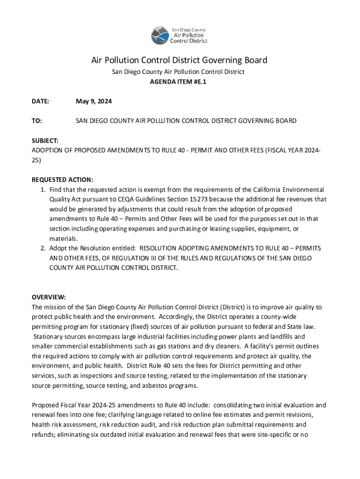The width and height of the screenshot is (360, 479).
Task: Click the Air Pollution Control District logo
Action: click(x=179, y=35)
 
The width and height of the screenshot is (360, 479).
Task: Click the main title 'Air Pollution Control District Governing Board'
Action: click(x=179, y=60)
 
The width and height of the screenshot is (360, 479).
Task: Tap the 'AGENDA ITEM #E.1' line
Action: click(x=178, y=81)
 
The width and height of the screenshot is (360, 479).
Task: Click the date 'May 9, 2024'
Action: click(x=94, y=102)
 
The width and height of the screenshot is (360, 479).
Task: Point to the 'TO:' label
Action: click(x=36, y=121)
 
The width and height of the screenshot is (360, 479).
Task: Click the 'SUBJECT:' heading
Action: click(x=45, y=140)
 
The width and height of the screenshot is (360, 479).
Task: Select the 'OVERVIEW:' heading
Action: click(x=49, y=298)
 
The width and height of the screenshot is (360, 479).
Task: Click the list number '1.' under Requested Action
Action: click(x=42, y=189)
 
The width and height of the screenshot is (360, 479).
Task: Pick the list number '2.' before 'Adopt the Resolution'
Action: click(x=42, y=248)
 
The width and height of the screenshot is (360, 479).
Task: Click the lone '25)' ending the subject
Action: click(x=36, y=160)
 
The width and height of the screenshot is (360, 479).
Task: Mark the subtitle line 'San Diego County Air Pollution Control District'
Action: click(x=178, y=72)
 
